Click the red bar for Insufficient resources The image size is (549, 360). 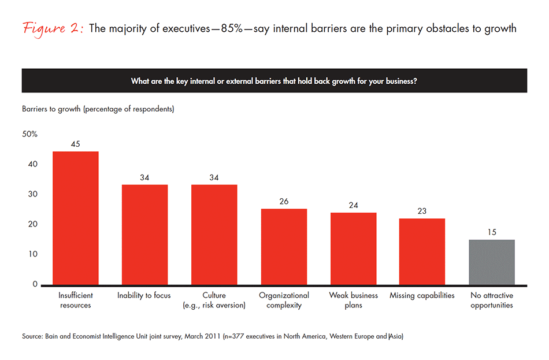[x=75, y=218]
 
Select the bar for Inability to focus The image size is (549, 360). [x=144, y=235]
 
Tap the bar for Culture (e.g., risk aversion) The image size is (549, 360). [x=214, y=235]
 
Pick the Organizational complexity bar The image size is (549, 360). [x=284, y=247]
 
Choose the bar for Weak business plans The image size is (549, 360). [x=353, y=248]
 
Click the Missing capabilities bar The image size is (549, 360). [x=422, y=251]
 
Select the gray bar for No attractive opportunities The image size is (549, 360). [x=491, y=262]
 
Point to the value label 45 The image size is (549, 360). [x=75, y=144]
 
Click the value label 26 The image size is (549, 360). [x=284, y=201]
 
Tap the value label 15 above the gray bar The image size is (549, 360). [x=491, y=232]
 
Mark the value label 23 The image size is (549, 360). [x=422, y=211]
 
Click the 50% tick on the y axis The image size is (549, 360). [x=29, y=134]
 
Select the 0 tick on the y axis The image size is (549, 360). [x=34, y=284]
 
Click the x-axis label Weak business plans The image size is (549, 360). [x=353, y=300]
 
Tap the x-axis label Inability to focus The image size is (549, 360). [x=144, y=295]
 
